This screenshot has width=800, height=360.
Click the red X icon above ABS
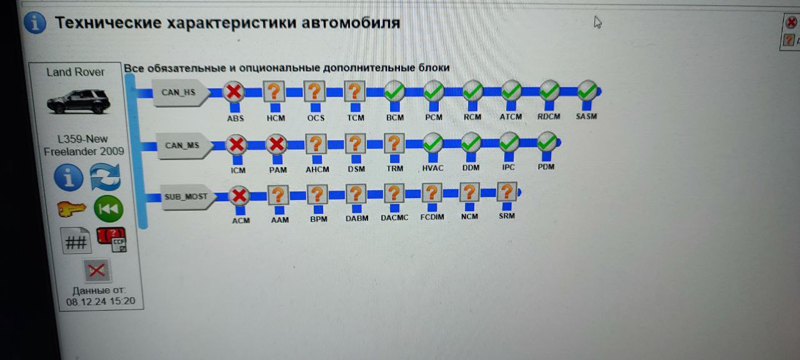[234, 92]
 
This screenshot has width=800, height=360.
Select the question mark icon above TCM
[354, 92]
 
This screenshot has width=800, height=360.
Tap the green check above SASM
[587, 91]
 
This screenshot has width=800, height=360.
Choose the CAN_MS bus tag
[182, 146]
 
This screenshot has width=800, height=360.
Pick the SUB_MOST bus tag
[186, 197]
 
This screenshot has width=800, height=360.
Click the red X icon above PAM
[276, 145]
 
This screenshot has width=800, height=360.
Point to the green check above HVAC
[433, 143]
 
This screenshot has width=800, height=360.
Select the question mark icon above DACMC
[394, 194]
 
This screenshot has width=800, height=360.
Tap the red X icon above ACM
[239, 196]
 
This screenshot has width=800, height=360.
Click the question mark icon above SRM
[506, 192]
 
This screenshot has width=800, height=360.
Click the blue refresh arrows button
[105, 177]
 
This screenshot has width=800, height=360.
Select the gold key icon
[71, 209]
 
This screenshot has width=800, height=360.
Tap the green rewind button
[108, 209]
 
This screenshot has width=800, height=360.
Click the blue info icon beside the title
[35, 23]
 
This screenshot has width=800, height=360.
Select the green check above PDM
[546, 142]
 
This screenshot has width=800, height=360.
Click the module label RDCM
[549, 116]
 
